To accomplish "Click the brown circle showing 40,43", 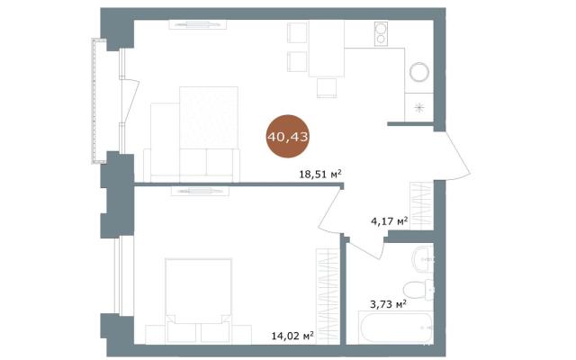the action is pos(288,137).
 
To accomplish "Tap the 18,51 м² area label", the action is pos(320,174).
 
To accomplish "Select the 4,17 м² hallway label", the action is pos(390,220).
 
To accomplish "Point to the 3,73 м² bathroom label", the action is pos(388,304).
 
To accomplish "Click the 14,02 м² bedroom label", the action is pos(292,335).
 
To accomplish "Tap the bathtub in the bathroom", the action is pos(397,328).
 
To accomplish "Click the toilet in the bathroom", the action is pos(418,289).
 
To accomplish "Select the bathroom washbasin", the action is pos(423,259).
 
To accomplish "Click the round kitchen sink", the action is pos(419,72).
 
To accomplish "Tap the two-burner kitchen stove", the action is pos(381,34).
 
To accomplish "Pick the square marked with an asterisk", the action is pos(419,107).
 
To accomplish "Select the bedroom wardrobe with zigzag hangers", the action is pos(328,296).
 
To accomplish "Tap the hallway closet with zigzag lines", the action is pos(421,206).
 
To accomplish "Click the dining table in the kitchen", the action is pos(327,49).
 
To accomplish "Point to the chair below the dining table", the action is pos(327,88).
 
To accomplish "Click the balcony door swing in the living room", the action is pos(130,100).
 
